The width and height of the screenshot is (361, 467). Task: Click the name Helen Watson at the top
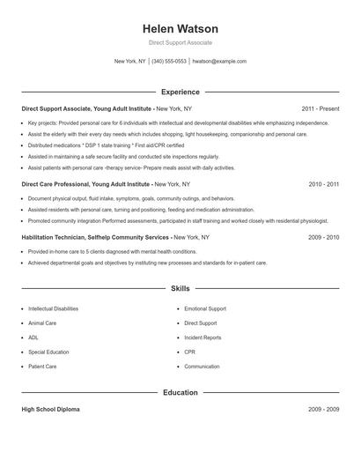180,28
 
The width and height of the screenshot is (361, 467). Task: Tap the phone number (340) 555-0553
169,62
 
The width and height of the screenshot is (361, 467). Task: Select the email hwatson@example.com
219,62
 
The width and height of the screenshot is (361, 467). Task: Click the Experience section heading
180,92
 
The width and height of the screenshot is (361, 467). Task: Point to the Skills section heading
180,288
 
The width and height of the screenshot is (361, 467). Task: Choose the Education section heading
180,392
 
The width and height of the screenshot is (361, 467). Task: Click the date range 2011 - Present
320,107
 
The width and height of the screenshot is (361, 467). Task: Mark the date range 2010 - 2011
324,185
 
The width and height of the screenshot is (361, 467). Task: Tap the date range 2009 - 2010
324,238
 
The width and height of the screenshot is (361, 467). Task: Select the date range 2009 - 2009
324,410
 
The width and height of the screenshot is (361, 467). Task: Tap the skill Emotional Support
205,309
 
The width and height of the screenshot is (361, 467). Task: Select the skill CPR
189,352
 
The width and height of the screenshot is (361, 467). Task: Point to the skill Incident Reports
203,337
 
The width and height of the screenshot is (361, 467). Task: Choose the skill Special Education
49,352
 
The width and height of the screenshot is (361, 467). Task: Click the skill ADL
33,337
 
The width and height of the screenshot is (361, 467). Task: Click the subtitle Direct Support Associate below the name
180,42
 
